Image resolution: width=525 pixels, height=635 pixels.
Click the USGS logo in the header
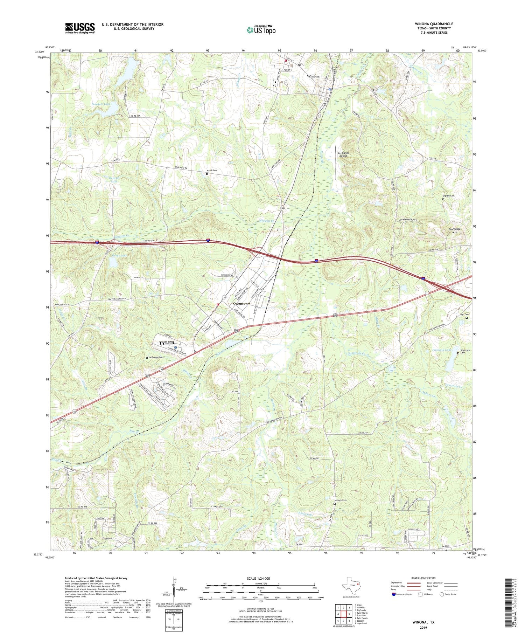pos(80,28)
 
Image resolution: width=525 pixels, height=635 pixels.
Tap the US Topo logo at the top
pos(261,30)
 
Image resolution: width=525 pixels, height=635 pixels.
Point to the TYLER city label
pos(167,343)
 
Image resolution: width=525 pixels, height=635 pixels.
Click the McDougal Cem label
pos(156,357)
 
